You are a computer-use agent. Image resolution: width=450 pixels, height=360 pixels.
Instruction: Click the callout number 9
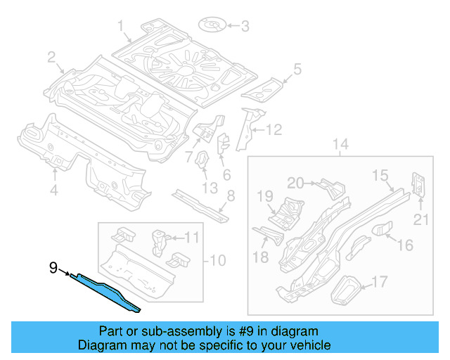coord(53,267)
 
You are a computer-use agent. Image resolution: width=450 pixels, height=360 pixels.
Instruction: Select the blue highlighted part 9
coord(105,290)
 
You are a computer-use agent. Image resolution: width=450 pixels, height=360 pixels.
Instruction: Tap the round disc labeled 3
coord(212,26)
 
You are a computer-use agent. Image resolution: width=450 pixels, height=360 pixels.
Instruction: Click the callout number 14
coord(340,146)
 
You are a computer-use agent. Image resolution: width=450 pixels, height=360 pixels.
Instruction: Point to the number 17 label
coord(379,283)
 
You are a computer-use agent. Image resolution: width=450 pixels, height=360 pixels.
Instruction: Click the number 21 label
coord(420,220)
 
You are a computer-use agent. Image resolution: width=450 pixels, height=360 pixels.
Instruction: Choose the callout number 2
coord(52,57)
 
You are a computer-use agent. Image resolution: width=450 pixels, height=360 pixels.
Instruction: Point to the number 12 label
coord(273,129)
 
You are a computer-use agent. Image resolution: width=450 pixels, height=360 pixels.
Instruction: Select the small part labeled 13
coord(201,160)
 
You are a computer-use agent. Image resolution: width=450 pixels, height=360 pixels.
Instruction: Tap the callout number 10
coord(218,261)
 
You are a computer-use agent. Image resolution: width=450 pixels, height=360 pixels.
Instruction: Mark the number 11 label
coord(192,238)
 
